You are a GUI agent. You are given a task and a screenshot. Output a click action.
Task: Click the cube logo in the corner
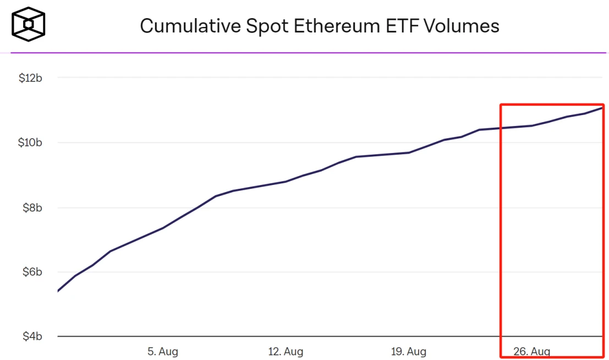[x=28, y=25]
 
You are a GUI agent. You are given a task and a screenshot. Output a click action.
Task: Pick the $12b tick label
[x=30, y=78]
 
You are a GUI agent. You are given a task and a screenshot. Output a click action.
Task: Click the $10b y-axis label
[x=30, y=143]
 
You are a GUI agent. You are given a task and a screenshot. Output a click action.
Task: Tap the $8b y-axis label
[x=32, y=208]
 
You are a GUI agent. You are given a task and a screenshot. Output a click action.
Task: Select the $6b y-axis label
[x=32, y=272]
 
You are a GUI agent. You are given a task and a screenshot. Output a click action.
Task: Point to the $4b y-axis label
[x=32, y=336]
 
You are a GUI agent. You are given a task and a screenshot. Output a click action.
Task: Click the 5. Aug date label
[x=163, y=351]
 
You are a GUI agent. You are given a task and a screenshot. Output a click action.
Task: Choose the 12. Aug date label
[x=286, y=351]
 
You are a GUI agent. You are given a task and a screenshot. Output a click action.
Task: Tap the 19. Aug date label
[x=409, y=351]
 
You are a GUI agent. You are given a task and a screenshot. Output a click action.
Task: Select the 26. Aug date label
[x=531, y=351]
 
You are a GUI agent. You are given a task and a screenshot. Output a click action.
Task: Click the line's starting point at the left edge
[x=58, y=291]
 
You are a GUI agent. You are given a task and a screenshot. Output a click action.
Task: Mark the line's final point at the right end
[x=603, y=107]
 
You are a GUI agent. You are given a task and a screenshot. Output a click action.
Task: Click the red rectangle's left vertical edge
[x=501, y=231]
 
